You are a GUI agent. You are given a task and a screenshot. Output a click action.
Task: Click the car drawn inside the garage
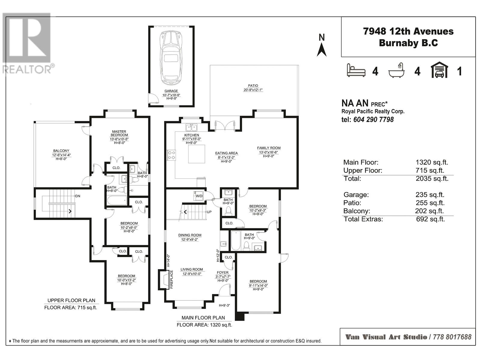point(171,58)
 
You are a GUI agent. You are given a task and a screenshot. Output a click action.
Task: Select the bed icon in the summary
point(356,70)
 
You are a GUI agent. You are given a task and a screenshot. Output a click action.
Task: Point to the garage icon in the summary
point(440,70)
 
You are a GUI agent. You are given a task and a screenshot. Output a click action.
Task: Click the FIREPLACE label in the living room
point(171,279)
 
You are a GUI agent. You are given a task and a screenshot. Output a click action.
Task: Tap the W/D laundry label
point(199,196)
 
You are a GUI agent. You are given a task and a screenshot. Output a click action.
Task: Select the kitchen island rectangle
point(197,154)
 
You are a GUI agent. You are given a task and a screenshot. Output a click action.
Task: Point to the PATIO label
point(253,85)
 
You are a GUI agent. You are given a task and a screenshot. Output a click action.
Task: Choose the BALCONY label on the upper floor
point(61,151)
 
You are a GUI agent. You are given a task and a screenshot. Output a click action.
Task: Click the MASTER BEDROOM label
point(119,133)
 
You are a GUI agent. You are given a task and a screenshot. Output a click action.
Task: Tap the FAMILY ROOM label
point(269,148)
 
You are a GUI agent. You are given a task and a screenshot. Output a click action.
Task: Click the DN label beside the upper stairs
point(78,196)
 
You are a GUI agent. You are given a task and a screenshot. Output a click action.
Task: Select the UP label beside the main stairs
point(209,212)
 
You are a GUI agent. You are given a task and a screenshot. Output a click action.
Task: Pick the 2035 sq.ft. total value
point(432,178)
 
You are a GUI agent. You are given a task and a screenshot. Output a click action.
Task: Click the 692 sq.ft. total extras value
point(430,219)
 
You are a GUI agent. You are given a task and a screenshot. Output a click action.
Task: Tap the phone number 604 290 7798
point(373,119)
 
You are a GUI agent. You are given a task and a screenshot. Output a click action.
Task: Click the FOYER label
point(222,273)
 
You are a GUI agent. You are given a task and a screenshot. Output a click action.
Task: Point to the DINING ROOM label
point(190,235)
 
